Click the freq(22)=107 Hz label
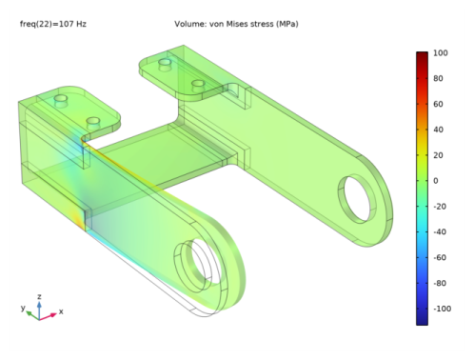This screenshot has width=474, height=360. point(53,24)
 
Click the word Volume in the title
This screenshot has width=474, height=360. point(190,24)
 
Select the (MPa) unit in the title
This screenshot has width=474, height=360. point(286,24)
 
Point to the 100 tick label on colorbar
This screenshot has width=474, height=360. point(441,53)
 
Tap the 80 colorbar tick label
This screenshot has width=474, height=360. point(438,78)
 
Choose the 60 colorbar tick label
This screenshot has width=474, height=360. point(438,104)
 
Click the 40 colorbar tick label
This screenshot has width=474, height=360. point(438,130)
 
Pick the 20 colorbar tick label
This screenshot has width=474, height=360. point(438,155)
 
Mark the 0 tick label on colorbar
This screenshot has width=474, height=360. point(436,181)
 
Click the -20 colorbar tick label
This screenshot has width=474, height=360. point(440,207)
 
